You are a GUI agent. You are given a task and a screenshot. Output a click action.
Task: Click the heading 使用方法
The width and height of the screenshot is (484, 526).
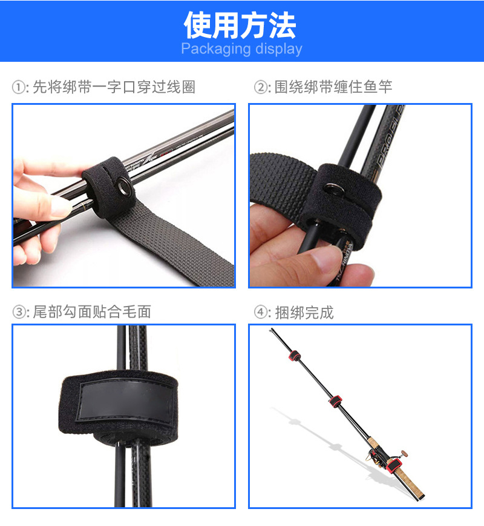coord(241,25)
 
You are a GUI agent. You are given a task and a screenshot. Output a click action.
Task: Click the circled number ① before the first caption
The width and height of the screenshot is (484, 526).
coord(19,88)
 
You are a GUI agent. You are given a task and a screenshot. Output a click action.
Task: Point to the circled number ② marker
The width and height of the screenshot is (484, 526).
coord(261,88)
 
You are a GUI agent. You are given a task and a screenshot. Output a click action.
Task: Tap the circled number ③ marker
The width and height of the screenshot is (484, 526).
coord(19,313)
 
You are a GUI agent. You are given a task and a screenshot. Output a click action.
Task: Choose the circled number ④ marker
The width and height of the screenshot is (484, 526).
coord(261,313)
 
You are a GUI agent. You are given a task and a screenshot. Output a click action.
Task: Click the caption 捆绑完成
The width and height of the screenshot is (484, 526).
coord(304,313)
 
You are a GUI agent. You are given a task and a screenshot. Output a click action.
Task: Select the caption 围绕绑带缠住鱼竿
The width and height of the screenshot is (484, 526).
coord(333,88)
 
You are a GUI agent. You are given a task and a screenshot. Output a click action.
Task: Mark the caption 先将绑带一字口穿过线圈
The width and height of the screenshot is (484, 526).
coord(114,88)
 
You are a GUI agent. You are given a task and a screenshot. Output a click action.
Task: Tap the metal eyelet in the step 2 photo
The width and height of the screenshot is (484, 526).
coord(333,190)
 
